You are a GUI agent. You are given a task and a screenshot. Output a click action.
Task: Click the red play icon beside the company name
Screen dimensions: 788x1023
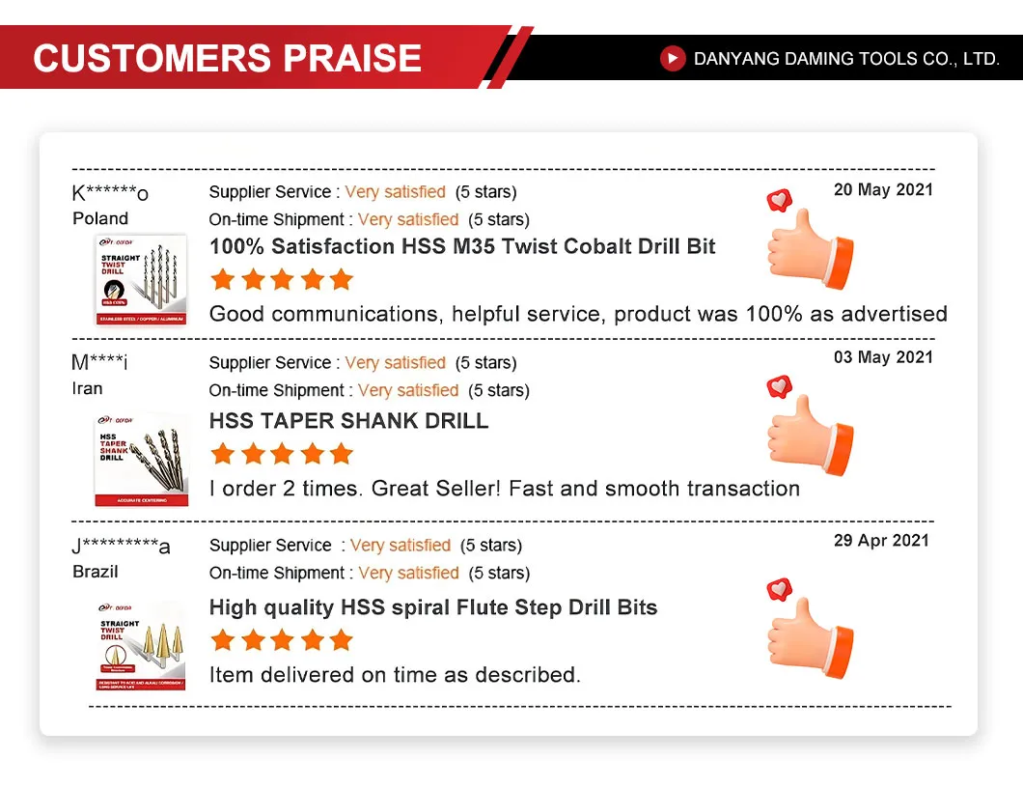tap(673, 59)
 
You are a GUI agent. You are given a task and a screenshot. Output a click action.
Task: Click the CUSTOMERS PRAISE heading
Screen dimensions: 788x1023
tap(228, 58)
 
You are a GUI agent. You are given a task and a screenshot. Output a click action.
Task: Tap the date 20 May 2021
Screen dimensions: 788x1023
tap(883, 190)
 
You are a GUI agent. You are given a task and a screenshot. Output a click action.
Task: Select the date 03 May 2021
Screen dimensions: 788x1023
tap(883, 357)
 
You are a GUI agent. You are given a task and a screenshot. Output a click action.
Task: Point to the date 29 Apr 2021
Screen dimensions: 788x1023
tap(881, 541)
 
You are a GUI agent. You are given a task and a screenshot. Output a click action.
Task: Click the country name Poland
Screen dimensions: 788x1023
tap(100, 218)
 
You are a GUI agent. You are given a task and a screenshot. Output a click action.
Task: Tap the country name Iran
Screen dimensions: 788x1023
tap(87, 389)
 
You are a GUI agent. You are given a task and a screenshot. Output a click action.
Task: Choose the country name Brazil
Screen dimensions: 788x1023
tap(96, 572)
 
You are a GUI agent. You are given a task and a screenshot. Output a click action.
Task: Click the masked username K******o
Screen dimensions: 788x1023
tap(110, 193)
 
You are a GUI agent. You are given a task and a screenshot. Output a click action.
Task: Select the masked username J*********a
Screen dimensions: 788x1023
tap(121, 547)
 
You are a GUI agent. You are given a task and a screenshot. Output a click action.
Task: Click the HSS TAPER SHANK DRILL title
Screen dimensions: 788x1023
tap(348, 421)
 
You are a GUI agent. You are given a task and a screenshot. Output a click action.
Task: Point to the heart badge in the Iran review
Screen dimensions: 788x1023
tap(779, 386)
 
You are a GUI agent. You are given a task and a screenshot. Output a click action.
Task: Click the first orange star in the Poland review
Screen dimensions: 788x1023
tap(223, 280)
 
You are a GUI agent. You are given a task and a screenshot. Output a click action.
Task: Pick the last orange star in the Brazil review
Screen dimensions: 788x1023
tap(341, 640)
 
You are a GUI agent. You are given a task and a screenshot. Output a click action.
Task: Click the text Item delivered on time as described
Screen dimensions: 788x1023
tap(395, 675)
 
